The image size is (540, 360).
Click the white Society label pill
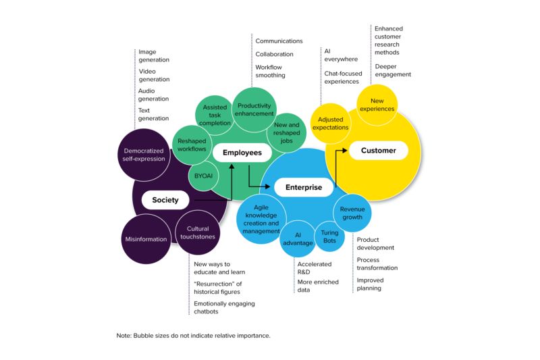pyautogui.click(x=165, y=200)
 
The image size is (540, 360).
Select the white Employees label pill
pyautogui.click(x=242, y=153)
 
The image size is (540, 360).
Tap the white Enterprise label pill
pyautogui.click(x=304, y=187)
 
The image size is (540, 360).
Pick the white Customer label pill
pyautogui.click(x=379, y=150)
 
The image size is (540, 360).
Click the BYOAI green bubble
pyautogui.click(x=203, y=176)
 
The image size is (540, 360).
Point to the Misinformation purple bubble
pyautogui.click(x=146, y=238)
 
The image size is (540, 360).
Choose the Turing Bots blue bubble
pyautogui.click(x=329, y=236)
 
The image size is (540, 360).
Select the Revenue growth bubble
pyautogui.click(x=352, y=213)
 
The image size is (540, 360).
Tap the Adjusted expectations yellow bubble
pyautogui.click(x=331, y=124)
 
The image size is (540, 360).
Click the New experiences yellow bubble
pyautogui.click(x=377, y=105)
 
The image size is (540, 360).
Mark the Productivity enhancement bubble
pyautogui.click(x=254, y=109)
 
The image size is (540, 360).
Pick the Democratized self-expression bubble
pyautogui.click(x=144, y=155)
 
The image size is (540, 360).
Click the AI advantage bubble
pyautogui.click(x=298, y=238)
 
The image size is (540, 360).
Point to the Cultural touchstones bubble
pyautogui.click(x=198, y=232)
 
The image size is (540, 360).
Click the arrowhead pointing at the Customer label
pyautogui.click(x=345, y=150)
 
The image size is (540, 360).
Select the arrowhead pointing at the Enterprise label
pyautogui.click(x=267, y=186)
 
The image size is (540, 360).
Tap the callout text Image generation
pyautogui.click(x=154, y=56)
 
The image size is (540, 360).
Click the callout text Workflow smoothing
pyautogui.click(x=271, y=71)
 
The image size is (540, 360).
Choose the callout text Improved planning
pyautogui.click(x=370, y=284)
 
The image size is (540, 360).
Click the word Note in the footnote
pyautogui.click(x=124, y=336)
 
